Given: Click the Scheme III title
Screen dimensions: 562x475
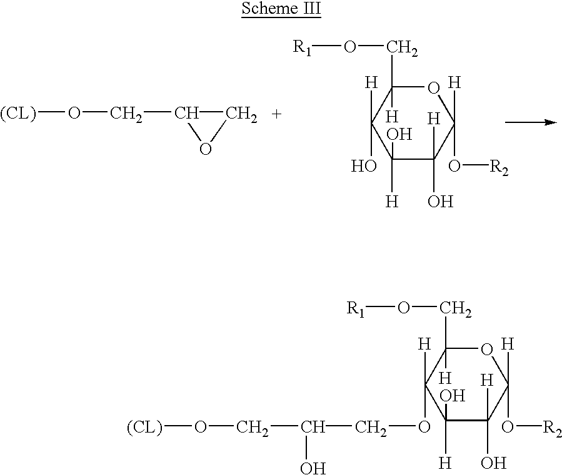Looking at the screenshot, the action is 281,8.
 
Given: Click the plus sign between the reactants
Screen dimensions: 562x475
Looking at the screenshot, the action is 277,114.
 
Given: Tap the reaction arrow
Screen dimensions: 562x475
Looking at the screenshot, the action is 531,122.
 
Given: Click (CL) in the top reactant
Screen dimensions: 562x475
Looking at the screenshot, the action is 19,114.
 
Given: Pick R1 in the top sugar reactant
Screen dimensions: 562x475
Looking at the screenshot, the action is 303,47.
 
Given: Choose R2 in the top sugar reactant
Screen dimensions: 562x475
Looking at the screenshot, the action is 499,167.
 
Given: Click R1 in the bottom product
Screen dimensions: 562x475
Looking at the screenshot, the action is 356,308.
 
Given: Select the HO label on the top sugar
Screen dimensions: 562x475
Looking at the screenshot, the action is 364,166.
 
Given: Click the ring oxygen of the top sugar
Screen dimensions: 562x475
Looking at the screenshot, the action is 434,88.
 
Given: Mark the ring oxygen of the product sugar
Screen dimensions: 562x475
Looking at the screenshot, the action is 487,350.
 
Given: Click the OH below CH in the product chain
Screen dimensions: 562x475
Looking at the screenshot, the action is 313,468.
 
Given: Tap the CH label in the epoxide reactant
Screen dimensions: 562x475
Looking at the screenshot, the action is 186,113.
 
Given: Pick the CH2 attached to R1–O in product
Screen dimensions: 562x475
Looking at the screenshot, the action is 455,309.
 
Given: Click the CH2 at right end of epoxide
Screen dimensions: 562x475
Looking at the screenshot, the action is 241,115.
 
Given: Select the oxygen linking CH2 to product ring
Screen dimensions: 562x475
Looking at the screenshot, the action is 424,427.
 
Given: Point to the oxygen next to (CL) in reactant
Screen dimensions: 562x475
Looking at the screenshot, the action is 74,113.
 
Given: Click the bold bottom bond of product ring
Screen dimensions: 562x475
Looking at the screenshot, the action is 466,419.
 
